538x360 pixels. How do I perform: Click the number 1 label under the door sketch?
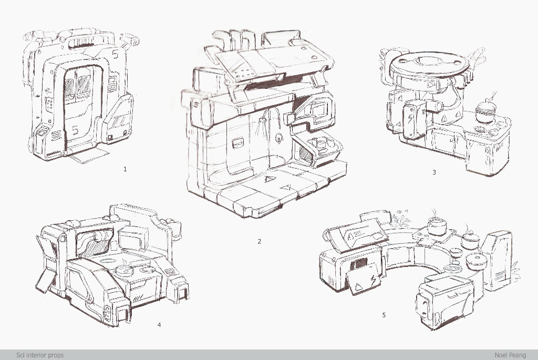pos(125,169)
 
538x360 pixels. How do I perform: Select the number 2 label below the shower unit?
pos(259,241)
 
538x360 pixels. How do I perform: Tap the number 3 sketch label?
pos(433,172)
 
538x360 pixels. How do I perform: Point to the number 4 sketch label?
pos(159,325)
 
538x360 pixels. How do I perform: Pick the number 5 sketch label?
pos(384,315)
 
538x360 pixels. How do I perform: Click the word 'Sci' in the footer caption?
pos(20,355)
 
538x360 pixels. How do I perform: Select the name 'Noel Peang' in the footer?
pos(510,355)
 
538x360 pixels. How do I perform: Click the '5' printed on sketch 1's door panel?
pos(76,130)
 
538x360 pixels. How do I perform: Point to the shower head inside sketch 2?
pos(263,120)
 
